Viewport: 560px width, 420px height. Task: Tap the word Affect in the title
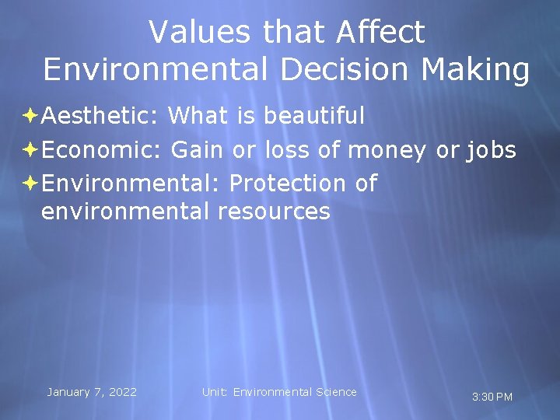pyautogui.click(x=381, y=32)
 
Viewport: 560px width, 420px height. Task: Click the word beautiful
pyautogui.click(x=314, y=116)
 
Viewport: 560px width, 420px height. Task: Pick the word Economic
pyautogui.click(x=101, y=149)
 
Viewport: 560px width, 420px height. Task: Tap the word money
pyautogui.click(x=387, y=149)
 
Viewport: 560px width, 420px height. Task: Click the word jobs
pyautogui.click(x=491, y=149)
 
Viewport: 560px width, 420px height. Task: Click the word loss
pyautogui.click(x=289, y=149)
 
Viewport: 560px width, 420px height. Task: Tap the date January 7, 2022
pyautogui.click(x=92, y=392)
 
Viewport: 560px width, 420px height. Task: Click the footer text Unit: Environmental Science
pyautogui.click(x=279, y=392)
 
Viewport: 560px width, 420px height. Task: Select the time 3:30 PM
pyautogui.click(x=492, y=397)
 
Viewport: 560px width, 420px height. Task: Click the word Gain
pyautogui.click(x=198, y=149)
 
